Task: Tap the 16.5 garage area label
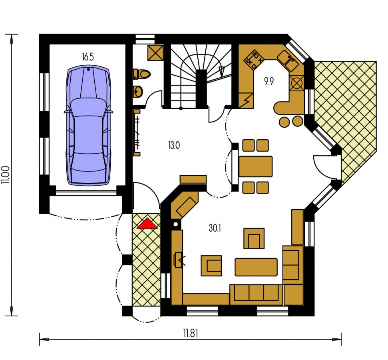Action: tap(88, 57)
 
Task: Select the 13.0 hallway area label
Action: tap(174, 146)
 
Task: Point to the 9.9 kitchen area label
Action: tap(269, 81)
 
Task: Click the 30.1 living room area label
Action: tap(215, 228)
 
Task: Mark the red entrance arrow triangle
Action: tap(147, 223)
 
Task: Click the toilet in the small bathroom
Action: tap(142, 74)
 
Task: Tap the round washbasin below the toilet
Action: tap(137, 92)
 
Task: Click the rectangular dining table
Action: tap(256, 166)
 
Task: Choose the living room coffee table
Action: tap(256, 267)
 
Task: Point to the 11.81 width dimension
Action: tap(191, 333)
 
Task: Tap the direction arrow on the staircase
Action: tap(222, 71)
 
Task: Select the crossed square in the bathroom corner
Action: tap(155, 52)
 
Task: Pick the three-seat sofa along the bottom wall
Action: tap(256, 294)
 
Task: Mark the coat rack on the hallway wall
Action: tap(137, 133)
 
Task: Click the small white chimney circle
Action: tap(176, 225)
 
